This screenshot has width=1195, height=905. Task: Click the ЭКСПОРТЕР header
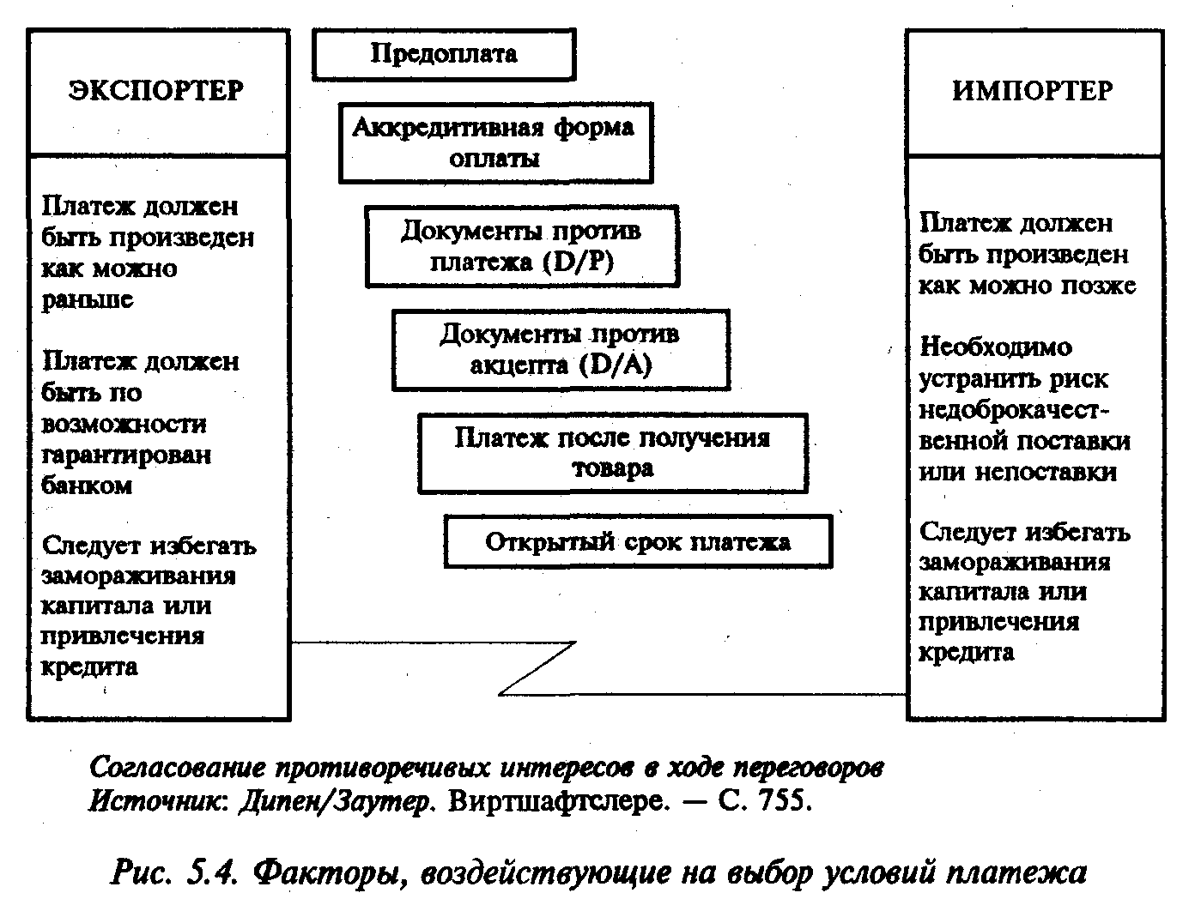click(x=156, y=91)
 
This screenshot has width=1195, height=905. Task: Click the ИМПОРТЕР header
click(x=1033, y=91)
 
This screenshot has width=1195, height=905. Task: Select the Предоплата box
click(x=444, y=54)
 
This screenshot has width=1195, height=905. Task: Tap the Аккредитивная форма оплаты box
click(x=495, y=143)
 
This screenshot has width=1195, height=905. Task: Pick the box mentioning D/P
click(x=522, y=246)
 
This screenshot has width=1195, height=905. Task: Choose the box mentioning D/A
click(x=561, y=349)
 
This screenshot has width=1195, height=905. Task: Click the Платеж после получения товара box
click(x=613, y=453)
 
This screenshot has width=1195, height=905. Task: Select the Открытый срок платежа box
click(x=638, y=542)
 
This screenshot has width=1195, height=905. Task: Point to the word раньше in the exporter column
click(x=88, y=299)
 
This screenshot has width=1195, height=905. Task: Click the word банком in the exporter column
click(x=87, y=485)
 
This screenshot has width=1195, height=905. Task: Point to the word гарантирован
click(x=126, y=455)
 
